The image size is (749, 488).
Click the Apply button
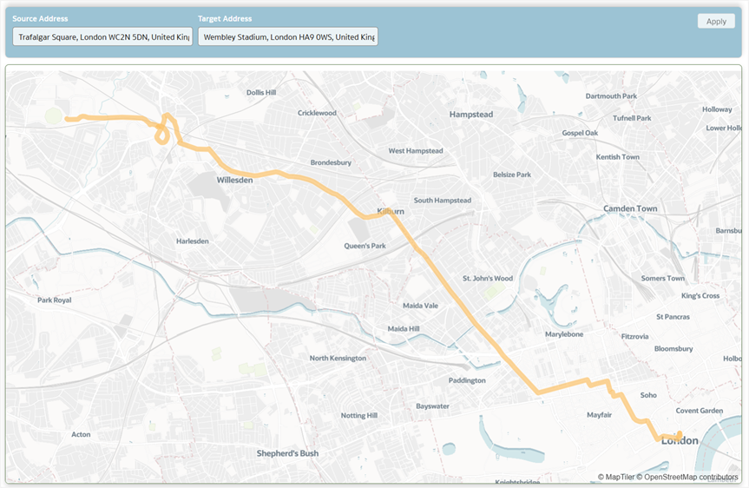(x=715, y=22)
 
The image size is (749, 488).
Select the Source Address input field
(x=102, y=37)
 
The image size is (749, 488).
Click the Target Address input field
(x=288, y=37)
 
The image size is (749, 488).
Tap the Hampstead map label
(x=470, y=115)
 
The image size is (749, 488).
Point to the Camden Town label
(x=630, y=209)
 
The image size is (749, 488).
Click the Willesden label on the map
(x=234, y=181)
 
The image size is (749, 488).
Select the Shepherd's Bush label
(x=287, y=453)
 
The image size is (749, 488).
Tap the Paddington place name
(x=467, y=380)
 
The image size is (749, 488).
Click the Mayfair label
(x=600, y=415)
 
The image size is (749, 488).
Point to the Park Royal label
(x=55, y=300)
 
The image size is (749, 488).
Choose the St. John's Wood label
(x=488, y=279)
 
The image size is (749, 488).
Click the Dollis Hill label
(x=260, y=92)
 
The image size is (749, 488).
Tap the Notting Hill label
(x=358, y=416)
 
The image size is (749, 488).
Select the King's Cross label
(x=700, y=296)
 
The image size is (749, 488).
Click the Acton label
(x=81, y=434)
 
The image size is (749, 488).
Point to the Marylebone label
(x=564, y=334)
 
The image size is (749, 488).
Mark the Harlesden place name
(x=192, y=241)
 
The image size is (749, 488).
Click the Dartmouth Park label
(x=611, y=96)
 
